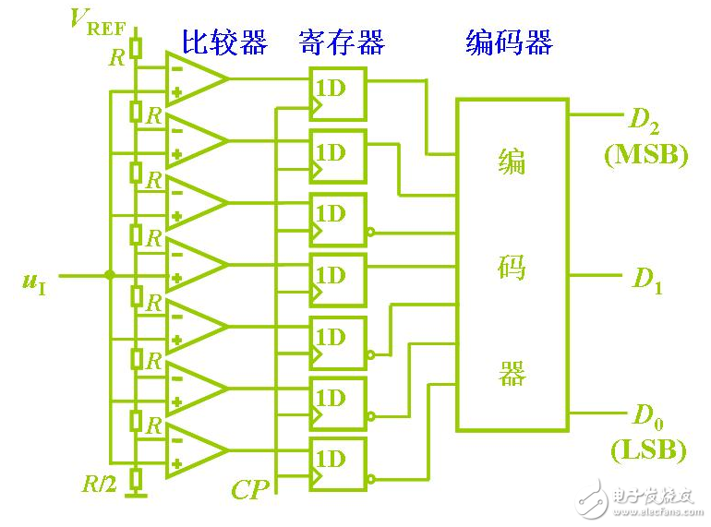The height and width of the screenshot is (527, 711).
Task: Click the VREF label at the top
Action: pyautogui.click(x=98, y=19)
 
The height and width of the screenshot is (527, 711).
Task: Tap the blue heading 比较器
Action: pyautogui.click(x=223, y=42)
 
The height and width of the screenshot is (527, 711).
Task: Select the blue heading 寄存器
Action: pyautogui.click(x=341, y=42)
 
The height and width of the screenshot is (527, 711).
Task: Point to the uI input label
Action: pyautogui.click(x=34, y=280)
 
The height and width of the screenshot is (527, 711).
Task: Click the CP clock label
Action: pyautogui.click(x=249, y=488)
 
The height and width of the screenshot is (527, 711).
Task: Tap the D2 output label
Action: pyautogui.click(x=645, y=120)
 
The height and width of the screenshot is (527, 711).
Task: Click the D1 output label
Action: pyautogui.click(x=647, y=281)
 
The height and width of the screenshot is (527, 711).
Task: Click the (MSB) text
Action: pyautogui.click(x=646, y=154)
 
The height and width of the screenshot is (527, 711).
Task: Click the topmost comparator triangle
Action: pyautogui.click(x=195, y=78)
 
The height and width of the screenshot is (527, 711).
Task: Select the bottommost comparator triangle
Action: pyautogui.click(x=195, y=451)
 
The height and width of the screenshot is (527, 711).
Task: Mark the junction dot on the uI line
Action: pyautogui.click(x=110, y=274)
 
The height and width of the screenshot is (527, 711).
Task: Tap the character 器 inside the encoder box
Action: pyautogui.click(x=512, y=373)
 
